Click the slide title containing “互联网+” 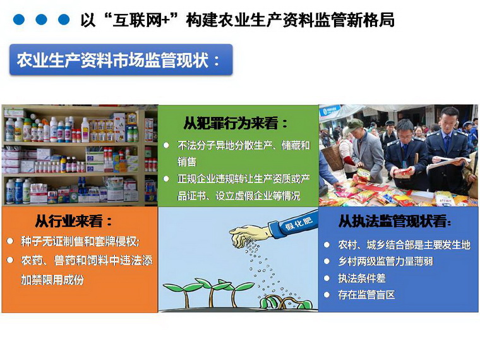[237, 20]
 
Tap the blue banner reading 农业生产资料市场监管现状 [121, 60]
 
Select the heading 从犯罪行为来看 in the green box [236, 123]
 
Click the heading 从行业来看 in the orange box [74, 221]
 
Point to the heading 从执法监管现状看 [395, 221]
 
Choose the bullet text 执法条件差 [361, 278]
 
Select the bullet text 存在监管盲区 [366, 295]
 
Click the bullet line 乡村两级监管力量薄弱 [385, 261]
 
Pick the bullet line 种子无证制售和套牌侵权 [80, 241]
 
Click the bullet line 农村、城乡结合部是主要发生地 [404, 244]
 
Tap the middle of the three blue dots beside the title [41, 20]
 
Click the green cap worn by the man [354, 124]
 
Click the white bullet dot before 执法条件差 [327, 279]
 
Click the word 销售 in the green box [187, 161]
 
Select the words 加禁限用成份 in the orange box [52, 280]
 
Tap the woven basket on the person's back [332, 157]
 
